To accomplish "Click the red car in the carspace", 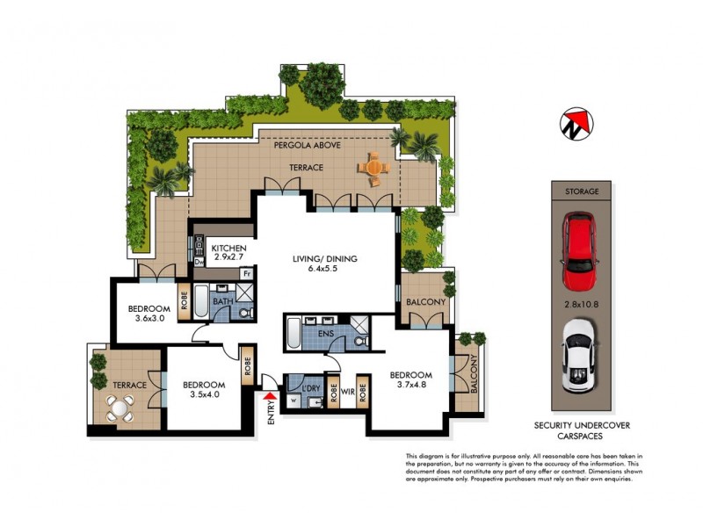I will (x=581, y=251).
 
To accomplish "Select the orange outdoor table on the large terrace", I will (x=373, y=169).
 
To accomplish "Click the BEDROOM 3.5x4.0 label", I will (x=204, y=390).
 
